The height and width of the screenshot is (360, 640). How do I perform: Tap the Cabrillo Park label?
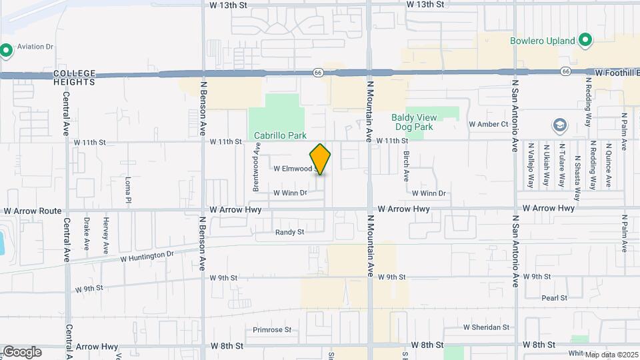281,135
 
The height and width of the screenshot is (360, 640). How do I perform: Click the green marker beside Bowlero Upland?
585,41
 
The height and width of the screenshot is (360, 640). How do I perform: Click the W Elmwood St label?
293,169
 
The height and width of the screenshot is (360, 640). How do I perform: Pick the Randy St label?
289,232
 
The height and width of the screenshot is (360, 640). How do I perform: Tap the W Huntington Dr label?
147,255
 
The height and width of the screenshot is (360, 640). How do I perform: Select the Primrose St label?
272,329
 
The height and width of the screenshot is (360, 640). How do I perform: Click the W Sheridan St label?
486,327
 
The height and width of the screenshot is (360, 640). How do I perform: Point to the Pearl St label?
554,298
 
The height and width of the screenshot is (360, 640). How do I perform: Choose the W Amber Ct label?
489,124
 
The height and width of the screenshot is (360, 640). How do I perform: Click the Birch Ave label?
406,166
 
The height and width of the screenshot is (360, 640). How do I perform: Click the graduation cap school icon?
559,125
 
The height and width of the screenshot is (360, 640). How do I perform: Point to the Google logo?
21,351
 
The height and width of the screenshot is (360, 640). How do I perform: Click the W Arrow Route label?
32,211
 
